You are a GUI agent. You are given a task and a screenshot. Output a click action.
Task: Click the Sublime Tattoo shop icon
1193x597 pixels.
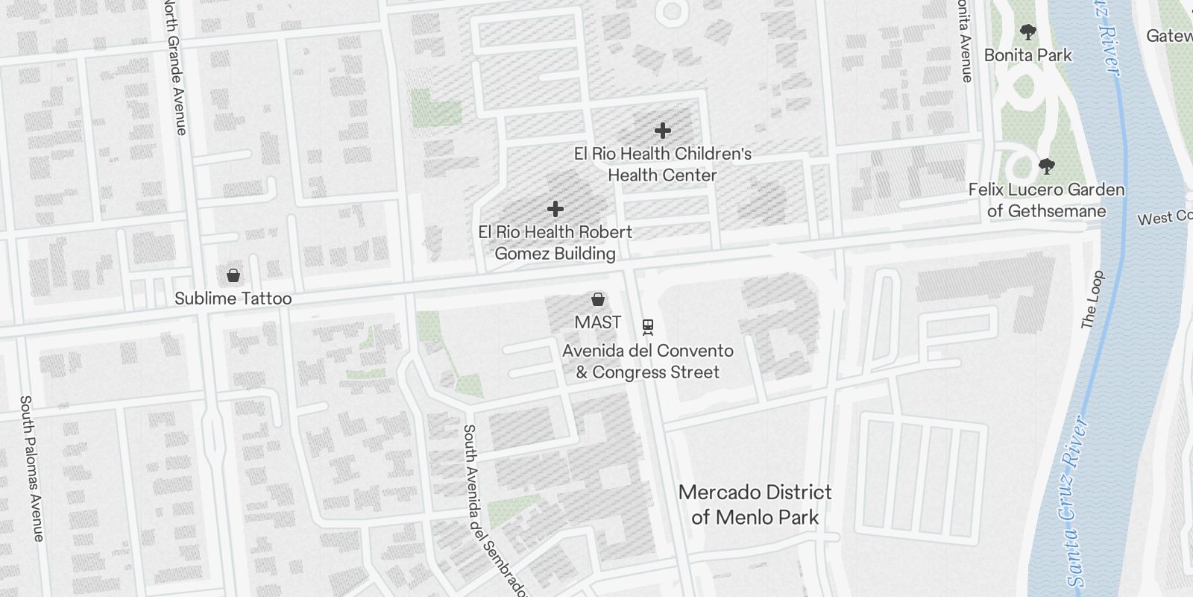tap(233, 275)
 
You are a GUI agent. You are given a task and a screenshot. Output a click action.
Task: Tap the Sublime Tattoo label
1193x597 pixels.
tap(233, 298)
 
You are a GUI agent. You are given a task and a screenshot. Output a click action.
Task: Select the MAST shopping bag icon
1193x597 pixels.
tap(597, 300)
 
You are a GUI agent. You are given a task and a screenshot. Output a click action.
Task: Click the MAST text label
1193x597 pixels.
tap(597, 322)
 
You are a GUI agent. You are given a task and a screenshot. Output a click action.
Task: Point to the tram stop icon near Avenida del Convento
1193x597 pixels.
tap(648, 326)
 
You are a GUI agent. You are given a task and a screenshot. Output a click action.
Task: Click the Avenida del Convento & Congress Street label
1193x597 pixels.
tap(647, 361)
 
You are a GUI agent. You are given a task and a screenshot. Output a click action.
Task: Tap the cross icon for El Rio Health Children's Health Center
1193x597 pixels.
tap(662, 131)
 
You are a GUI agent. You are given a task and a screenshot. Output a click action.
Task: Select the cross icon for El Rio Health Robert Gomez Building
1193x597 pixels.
tap(555, 209)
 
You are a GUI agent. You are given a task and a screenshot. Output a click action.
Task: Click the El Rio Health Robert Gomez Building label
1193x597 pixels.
tap(555, 243)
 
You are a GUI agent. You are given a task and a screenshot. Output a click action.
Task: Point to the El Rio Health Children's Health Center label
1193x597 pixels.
tap(662, 164)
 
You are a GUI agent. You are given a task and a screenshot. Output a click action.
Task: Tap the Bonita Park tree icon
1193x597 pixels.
tap(1028, 32)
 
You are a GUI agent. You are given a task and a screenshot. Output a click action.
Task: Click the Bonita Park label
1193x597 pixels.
tap(1027, 55)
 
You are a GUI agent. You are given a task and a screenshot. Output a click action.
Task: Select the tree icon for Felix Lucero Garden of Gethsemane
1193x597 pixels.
tap(1047, 166)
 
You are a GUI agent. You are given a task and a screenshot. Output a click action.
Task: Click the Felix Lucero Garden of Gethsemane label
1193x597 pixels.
tap(1046, 200)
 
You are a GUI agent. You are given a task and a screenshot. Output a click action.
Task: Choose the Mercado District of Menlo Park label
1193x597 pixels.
tap(755, 504)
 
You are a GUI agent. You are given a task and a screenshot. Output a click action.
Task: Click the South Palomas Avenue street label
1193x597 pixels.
tap(31, 468)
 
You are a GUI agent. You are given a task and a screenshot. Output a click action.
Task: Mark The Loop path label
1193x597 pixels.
tap(1092, 300)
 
